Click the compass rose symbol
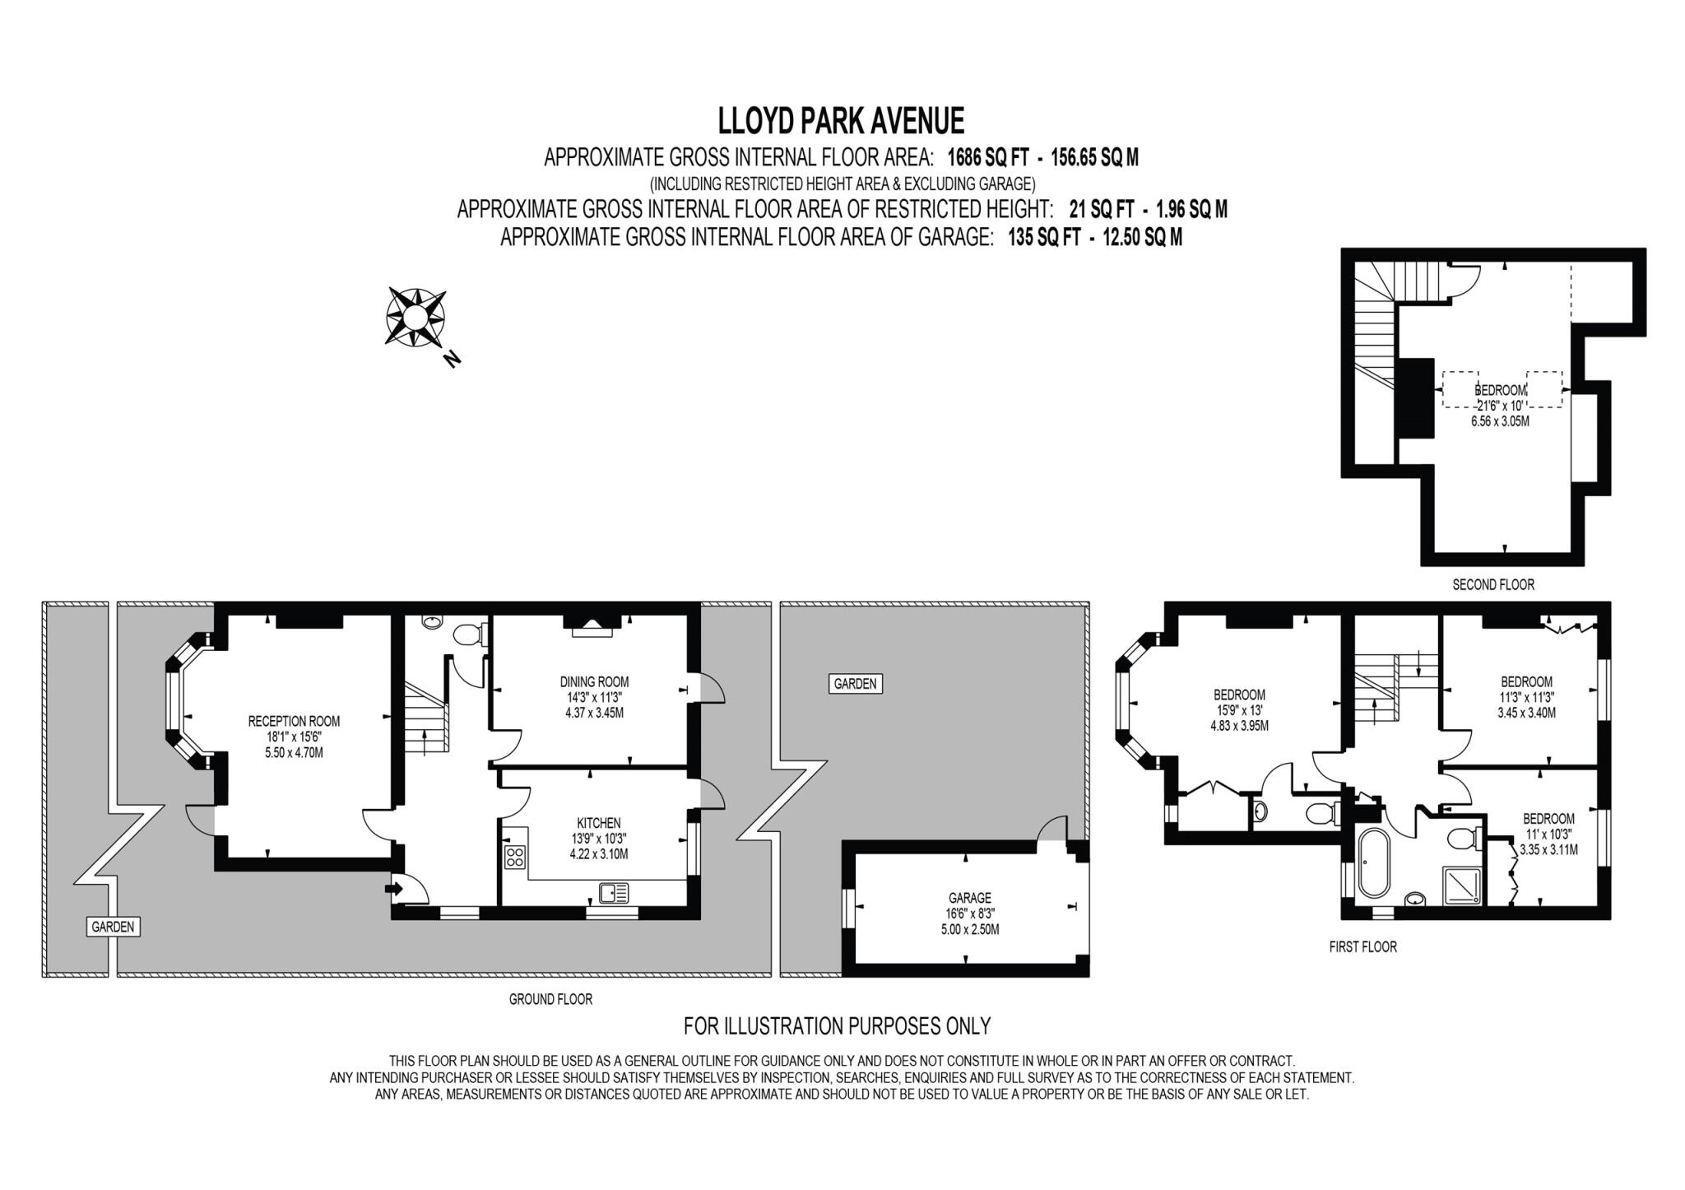(x=416, y=316)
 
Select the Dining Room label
(x=594, y=682)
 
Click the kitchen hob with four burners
(x=515, y=856)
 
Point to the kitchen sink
(x=614, y=892)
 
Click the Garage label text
(x=969, y=898)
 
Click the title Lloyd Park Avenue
(x=841, y=121)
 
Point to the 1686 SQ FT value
(x=987, y=157)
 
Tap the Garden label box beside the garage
(x=855, y=684)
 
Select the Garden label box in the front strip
(x=113, y=927)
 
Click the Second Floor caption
(x=1492, y=585)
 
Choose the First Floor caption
(x=1362, y=947)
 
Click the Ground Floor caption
(x=550, y=999)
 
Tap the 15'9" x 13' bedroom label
(x=1239, y=709)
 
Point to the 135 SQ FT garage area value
(x=1043, y=238)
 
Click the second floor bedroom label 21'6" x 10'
(x=1500, y=405)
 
